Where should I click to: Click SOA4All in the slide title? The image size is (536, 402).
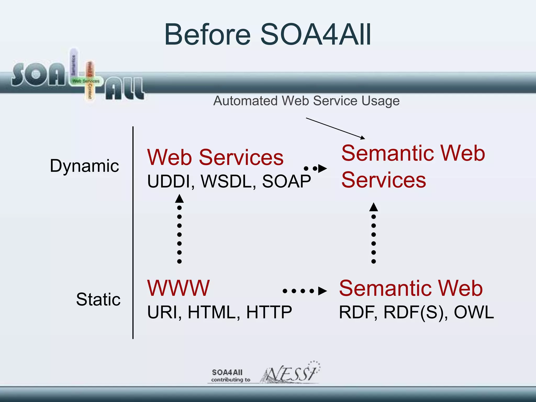coord(316,35)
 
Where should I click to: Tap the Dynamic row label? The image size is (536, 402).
coord(84,166)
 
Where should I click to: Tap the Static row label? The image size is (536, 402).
coord(98,299)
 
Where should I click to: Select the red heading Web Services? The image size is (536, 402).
coord(215,157)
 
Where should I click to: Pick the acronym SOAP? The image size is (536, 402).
coord(286,181)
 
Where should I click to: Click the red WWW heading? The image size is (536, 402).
coord(178,288)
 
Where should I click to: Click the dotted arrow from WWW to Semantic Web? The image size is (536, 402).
coord(305,291)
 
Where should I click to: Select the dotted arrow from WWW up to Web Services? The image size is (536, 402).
coord(179,229)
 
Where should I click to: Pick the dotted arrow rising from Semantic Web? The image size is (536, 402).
coord(373,233)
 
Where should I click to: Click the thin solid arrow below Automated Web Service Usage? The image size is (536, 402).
coord(335,128)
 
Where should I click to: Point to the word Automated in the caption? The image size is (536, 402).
coord(245,101)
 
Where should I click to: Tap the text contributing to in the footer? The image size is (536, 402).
coord(231,380)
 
